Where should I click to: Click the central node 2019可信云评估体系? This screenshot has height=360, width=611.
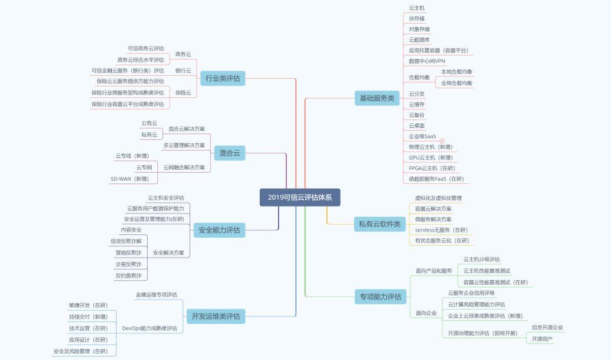[x=300, y=198]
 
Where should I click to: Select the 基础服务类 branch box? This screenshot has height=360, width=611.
[x=377, y=98]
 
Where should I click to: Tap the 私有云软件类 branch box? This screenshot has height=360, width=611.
[x=379, y=224]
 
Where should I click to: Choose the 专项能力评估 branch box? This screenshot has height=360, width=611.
[x=380, y=296]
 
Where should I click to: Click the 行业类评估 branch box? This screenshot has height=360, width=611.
[x=222, y=79]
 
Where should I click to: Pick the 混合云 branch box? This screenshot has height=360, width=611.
[x=230, y=152]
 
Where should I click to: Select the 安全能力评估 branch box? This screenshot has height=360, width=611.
[x=220, y=230]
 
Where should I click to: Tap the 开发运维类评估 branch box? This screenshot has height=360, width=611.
[x=216, y=316]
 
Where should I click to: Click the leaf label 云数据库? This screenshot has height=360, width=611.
[x=419, y=40]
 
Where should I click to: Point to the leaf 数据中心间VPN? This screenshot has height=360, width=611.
[x=427, y=61]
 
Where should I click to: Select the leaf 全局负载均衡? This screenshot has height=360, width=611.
[x=457, y=83]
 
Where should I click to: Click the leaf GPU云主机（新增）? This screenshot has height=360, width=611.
[x=431, y=157]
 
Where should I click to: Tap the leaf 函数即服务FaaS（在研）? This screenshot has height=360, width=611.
[x=436, y=179]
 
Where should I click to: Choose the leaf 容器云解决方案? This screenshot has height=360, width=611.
[x=433, y=209]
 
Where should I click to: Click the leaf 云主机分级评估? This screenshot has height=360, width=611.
[x=481, y=259]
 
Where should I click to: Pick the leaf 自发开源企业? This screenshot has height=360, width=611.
[x=547, y=327]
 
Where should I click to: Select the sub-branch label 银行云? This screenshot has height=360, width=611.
[x=183, y=71]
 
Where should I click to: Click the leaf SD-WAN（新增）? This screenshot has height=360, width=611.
[x=130, y=179]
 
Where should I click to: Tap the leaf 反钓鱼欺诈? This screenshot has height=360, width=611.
[x=128, y=276]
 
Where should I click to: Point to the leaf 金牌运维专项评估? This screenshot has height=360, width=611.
[x=156, y=295]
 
